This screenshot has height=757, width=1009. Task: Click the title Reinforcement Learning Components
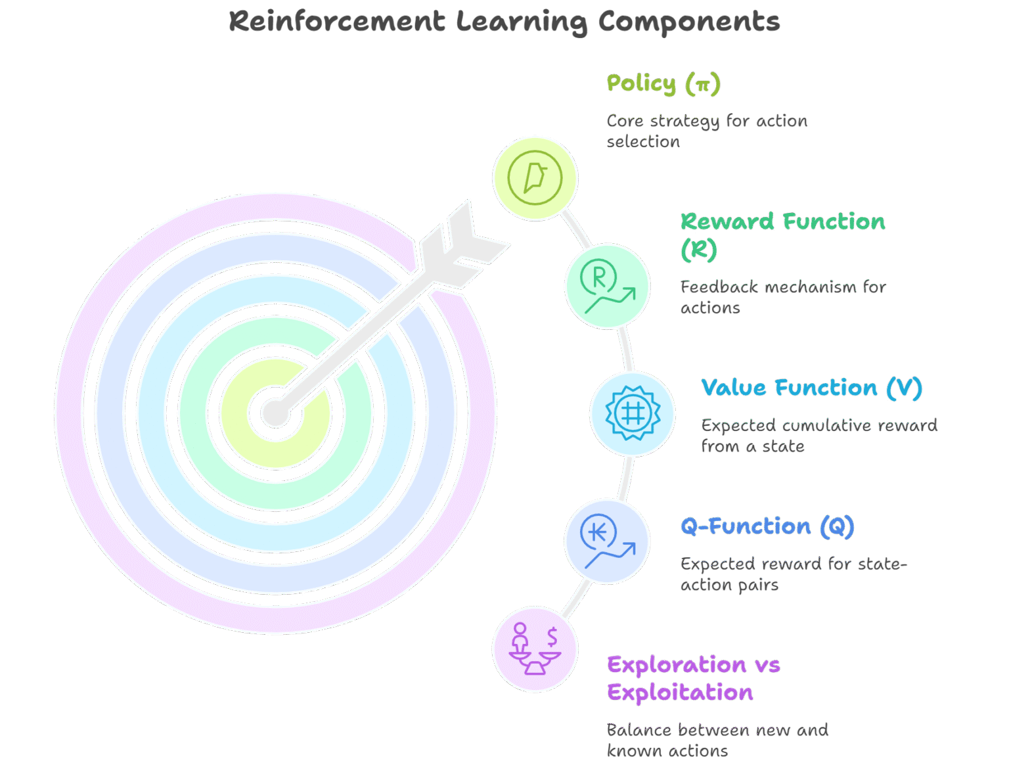point(504,22)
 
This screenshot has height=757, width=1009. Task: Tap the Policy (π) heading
point(663,84)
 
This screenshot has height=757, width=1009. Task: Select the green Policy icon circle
point(535,177)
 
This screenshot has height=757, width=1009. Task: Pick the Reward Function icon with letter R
point(607,286)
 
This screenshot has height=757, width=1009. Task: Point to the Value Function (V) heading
point(811,388)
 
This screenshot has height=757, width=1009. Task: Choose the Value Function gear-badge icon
point(632,413)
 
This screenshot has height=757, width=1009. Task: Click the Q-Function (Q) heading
point(767,526)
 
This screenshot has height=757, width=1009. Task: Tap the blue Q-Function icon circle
point(607,541)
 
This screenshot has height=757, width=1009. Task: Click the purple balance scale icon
point(535,649)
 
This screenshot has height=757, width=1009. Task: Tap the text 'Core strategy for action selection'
point(706,131)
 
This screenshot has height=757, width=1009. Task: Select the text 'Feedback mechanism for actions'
point(782,297)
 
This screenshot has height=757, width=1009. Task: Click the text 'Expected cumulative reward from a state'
point(818,436)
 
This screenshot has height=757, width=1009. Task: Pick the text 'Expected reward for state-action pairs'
point(793,574)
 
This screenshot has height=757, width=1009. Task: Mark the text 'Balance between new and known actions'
point(717,740)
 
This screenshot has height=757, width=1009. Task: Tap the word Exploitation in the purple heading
point(680,693)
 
